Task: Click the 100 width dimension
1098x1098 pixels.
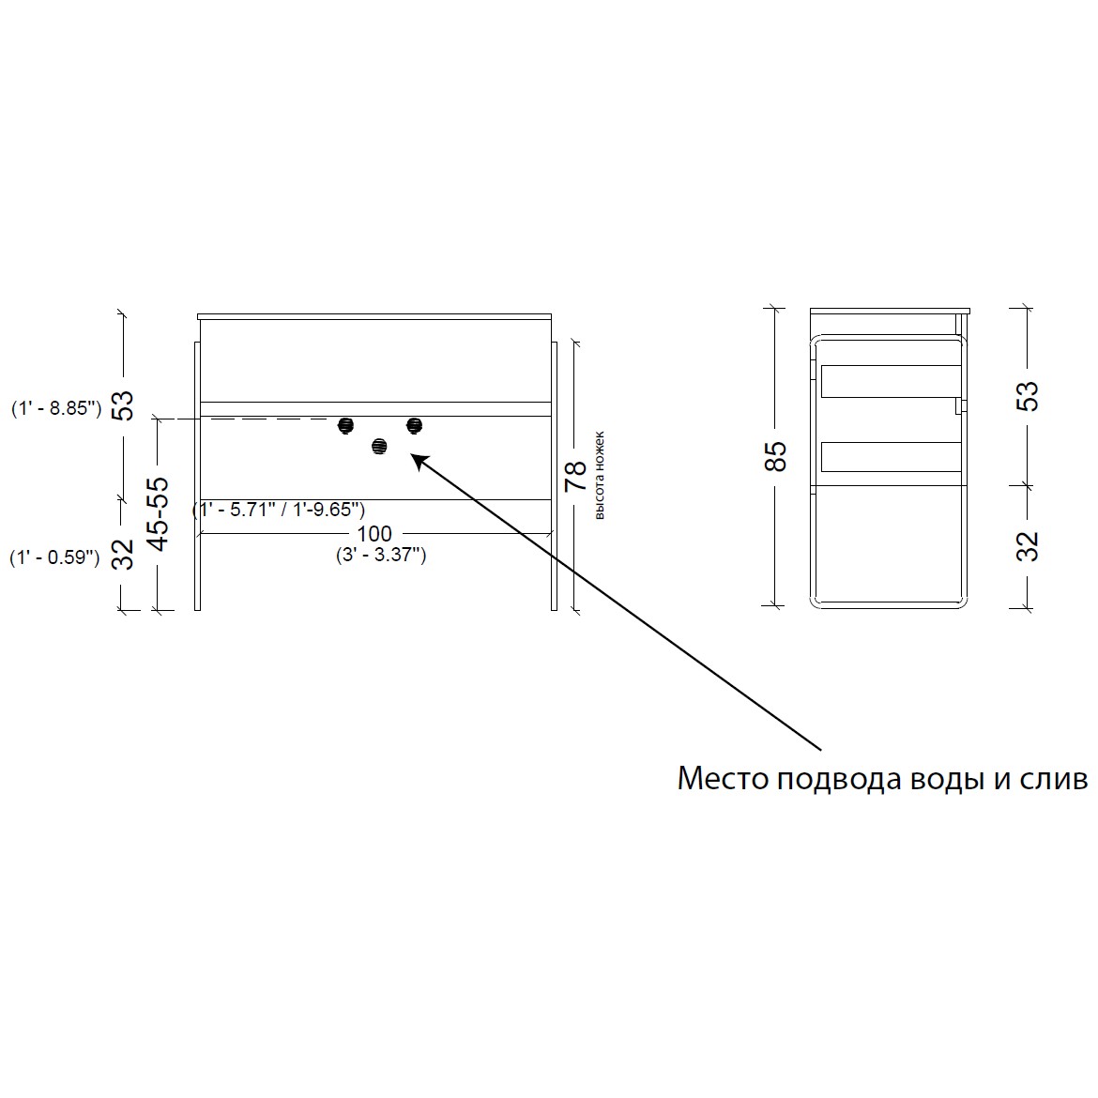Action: pos(374,534)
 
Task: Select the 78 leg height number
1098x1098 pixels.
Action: pos(576,476)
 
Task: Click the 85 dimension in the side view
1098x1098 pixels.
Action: pos(777,456)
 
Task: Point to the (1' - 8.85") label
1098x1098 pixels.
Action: pos(56,408)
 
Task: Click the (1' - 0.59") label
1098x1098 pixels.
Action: pos(54,558)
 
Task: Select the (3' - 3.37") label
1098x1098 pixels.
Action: pos(381,556)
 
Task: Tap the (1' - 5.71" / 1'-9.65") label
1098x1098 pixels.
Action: pos(279,509)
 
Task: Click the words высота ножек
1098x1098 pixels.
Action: pos(599,476)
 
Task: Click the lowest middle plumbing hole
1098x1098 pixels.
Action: pos(379,446)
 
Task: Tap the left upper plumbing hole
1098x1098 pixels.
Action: pos(346,425)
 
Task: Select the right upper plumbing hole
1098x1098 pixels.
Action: pos(415,425)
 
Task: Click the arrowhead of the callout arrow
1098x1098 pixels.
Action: pos(418,461)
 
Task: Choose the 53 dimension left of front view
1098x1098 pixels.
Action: pos(123,404)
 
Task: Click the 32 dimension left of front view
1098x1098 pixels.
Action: pos(123,555)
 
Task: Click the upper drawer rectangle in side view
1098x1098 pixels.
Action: pos(891,381)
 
